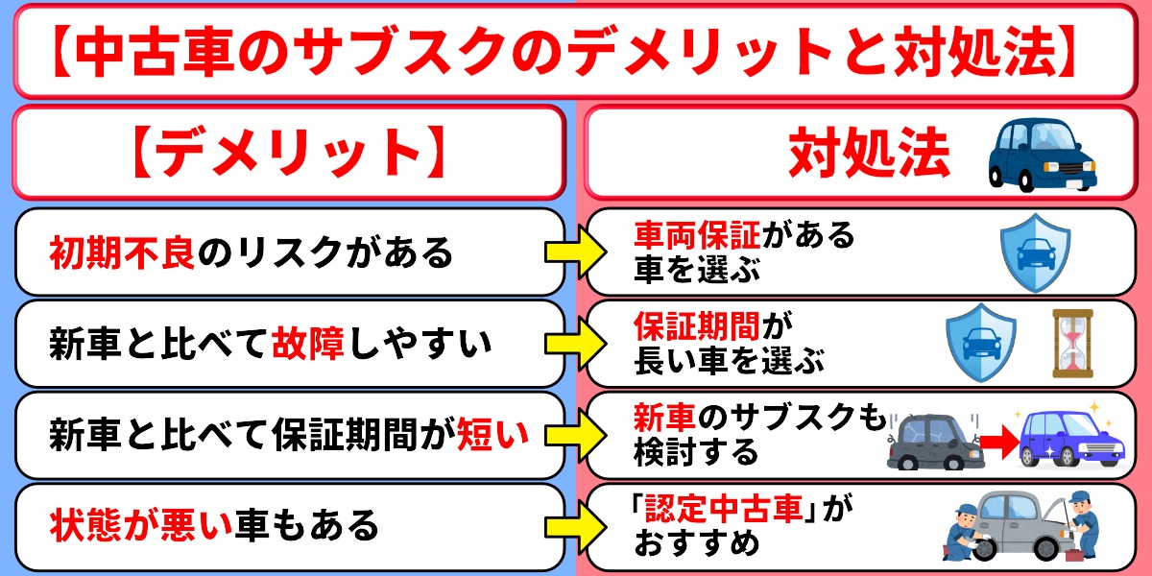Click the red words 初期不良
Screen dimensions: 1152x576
[x=122, y=252]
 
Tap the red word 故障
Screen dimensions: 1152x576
[x=308, y=344]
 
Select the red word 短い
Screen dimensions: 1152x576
[x=492, y=435]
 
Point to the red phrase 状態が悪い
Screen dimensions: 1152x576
[x=141, y=526]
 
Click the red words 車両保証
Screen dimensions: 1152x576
[x=697, y=235]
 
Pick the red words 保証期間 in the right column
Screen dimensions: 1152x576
[x=697, y=326]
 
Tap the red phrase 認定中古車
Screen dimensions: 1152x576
[x=724, y=509]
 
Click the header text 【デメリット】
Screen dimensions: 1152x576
[x=289, y=153]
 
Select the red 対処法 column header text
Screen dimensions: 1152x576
[x=869, y=153]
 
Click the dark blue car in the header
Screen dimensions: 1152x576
[x=1043, y=155]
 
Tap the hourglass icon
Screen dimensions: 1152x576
[x=1073, y=343]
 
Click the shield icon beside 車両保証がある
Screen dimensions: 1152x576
[x=1035, y=252]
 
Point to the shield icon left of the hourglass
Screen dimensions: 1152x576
[x=981, y=343]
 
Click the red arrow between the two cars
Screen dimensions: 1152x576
[x=1000, y=442]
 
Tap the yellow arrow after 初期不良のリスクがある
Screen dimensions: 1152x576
[x=576, y=252]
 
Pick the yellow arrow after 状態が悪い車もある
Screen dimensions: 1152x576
[x=576, y=527]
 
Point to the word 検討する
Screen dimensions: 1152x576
[x=697, y=452]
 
